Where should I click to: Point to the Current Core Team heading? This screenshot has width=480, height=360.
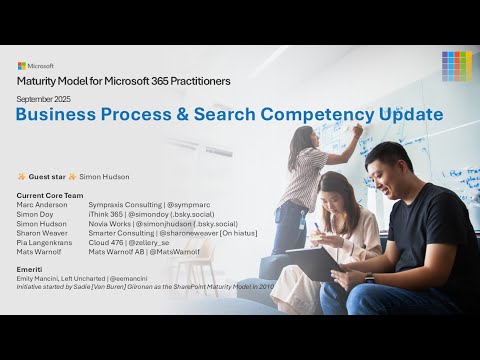(x=51, y=195)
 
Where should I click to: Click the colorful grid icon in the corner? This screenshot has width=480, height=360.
(x=456, y=65)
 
